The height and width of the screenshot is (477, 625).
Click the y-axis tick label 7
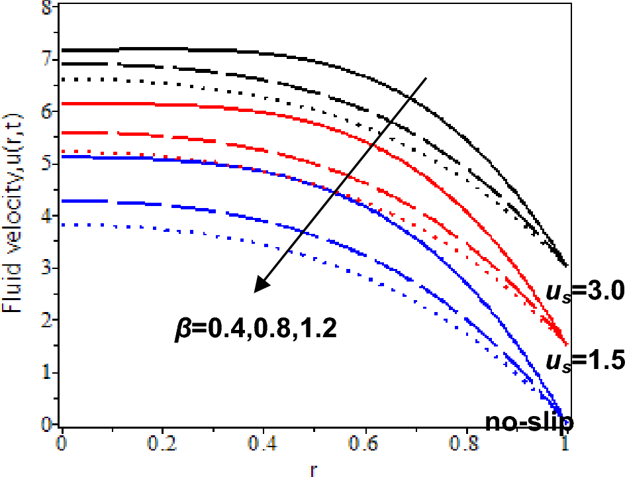click(44, 60)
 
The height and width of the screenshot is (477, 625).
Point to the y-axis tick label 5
click(44, 164)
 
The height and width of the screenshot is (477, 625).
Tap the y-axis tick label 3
click(44, 268)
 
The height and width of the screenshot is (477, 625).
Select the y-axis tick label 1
click(44, 372)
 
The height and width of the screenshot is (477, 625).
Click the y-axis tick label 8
click(44, 8)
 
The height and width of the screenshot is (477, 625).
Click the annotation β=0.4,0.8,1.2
click(252, 327)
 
